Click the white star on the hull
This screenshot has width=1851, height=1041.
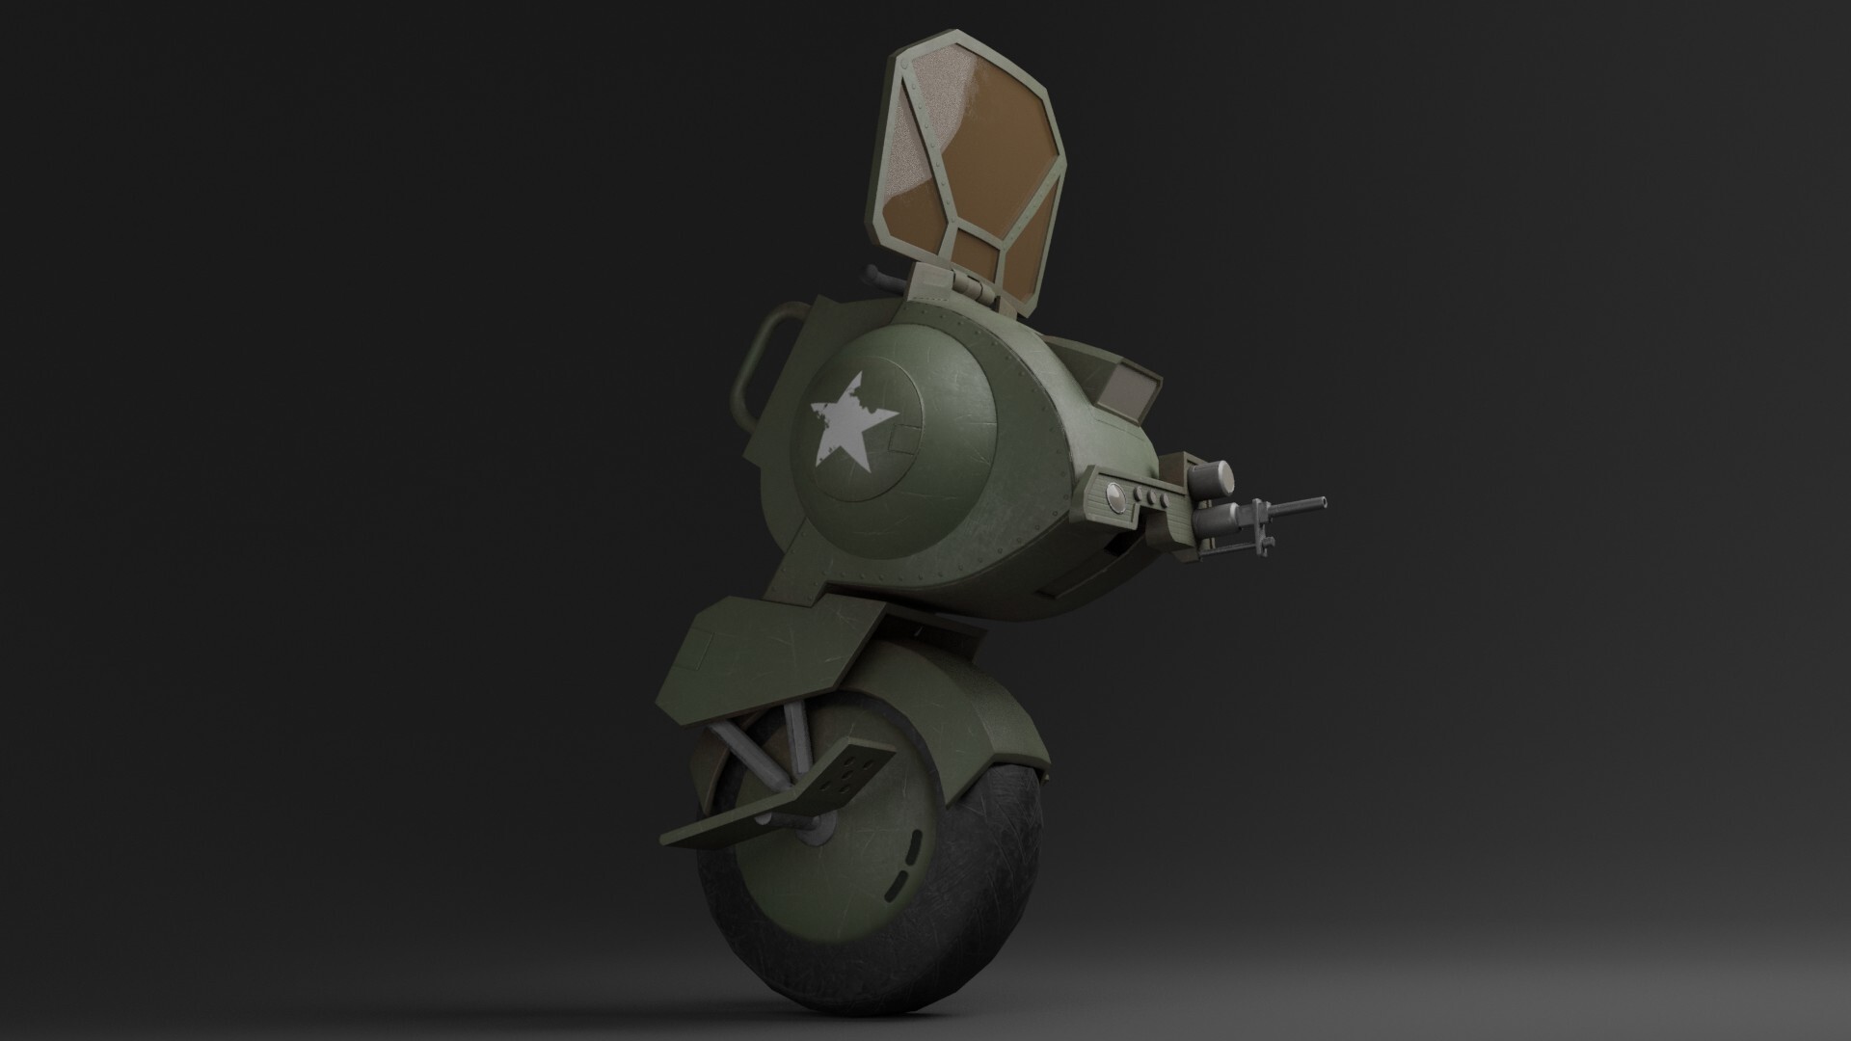852,425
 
